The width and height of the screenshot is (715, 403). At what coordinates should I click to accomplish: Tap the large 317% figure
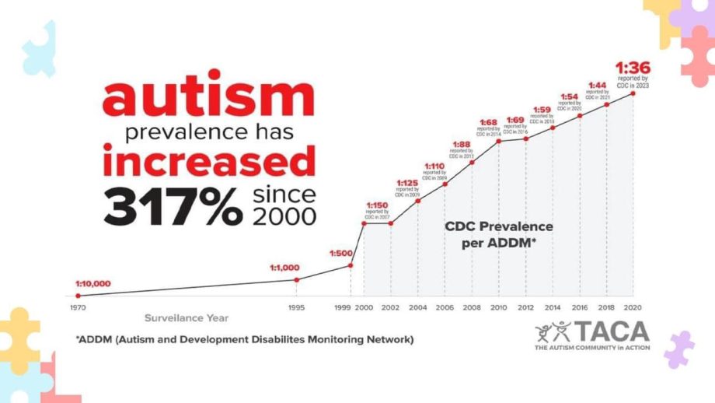(x=173, y=206)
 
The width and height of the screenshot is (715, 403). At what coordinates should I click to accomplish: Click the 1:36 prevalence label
(x=632, y=67)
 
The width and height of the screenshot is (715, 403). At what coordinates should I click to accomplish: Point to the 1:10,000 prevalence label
(x=92, y=284)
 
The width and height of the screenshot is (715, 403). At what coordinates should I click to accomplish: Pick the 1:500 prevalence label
(x=341, y=254)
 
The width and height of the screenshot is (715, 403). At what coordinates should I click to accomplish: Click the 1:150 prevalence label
(x=377, y=206)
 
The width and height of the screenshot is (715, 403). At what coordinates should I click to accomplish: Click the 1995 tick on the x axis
(x=296, y=307)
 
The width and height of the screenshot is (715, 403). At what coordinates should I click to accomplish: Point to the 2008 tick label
(x=473, y=307)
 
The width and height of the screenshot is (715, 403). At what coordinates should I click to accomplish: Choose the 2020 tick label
(x=633, y=307)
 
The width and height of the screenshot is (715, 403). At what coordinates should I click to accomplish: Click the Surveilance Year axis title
(x=187, y=318)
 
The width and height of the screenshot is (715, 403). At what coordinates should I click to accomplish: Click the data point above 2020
(x=633, y=93)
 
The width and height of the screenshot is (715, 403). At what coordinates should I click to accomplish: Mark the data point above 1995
(x=296, y=280)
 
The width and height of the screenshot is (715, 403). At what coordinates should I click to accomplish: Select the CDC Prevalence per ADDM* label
(x=499, y=233)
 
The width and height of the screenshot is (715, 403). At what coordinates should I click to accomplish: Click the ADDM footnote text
(x=245, y=340)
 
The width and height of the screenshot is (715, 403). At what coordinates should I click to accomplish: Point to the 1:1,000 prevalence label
(x=285, y=268)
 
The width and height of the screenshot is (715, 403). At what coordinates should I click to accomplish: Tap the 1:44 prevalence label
(x=597, y=85)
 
